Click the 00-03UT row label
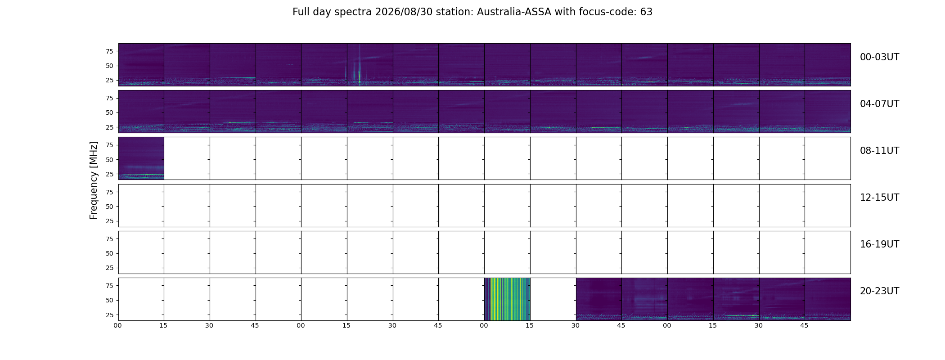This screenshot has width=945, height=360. [x=879, y=57]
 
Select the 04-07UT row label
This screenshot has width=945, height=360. [x=879, y=104]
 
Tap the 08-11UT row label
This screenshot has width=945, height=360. [x=879, y=151]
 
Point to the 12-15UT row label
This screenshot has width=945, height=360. [x=879, y=198]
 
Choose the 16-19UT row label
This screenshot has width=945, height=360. [x=879, y=244]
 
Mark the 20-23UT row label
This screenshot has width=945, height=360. [x=879, y=291]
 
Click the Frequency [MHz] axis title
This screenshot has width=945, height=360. [x=94, y=180]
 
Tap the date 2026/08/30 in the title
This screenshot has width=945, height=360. [x=404, y=12]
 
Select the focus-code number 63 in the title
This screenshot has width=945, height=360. [x=646, y=12]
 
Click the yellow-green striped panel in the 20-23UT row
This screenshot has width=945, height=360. [x=507, y=299]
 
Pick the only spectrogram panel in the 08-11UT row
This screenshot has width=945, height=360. [x=141, y=158]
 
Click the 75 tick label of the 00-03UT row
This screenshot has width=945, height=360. [x=109, y=51]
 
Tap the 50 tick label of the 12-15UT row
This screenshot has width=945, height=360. [x=109, y=207]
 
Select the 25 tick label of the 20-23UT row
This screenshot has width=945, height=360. [x=109, y=315]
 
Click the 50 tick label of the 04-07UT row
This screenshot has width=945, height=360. [x=109, y=113]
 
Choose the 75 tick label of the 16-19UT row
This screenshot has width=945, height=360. [x=109, y=239]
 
